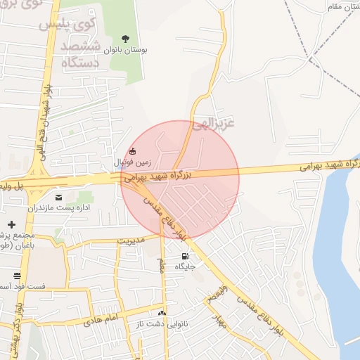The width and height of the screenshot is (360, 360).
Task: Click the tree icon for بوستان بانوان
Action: [125, 39]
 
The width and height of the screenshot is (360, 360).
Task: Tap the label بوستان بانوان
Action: [124, 51]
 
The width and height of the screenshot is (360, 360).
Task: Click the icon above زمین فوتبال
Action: [134, 150]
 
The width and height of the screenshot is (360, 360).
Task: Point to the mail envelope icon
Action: [58, 197]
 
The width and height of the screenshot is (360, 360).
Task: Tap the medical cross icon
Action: [11, 224]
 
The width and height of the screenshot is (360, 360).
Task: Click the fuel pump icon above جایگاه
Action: [184, 256]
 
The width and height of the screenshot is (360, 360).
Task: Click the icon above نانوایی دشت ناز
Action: [162, 313]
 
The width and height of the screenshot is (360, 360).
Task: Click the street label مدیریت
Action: [130, 240]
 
